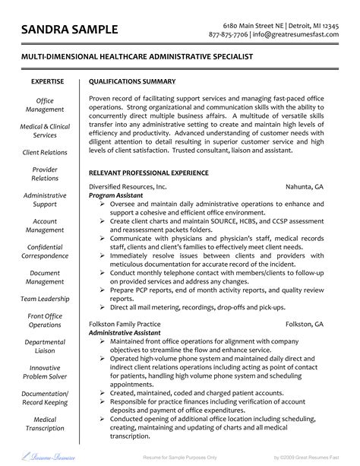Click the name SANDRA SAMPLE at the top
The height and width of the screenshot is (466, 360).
point(70,30)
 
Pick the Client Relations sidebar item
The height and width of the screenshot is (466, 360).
point(46,152)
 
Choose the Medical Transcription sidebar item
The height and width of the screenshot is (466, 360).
point(46,424)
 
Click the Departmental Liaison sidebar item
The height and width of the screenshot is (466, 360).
point(46,346)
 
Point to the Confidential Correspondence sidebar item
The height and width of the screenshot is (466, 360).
point(46,252)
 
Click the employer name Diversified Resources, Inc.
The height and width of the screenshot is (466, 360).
point(128,186)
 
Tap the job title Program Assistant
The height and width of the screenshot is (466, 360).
point(115,195)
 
